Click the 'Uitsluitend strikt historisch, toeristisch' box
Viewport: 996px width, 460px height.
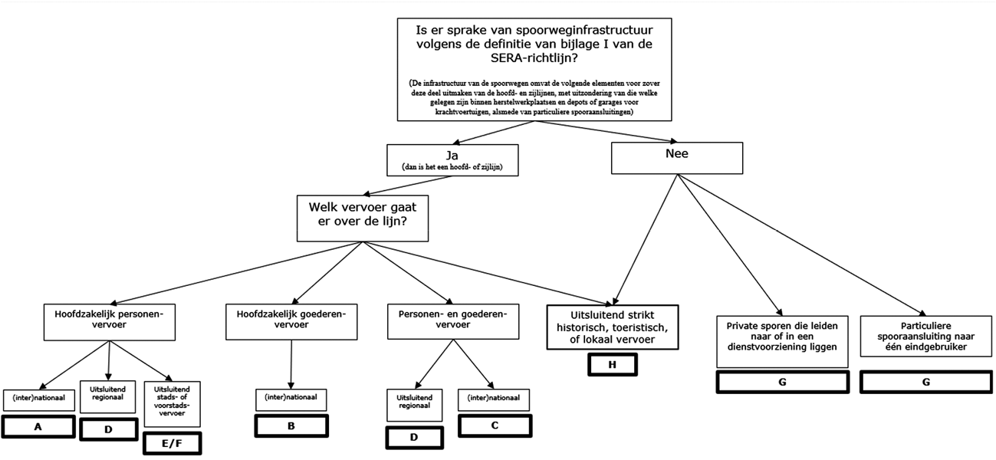tap(613, 327)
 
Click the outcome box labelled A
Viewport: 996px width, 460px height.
tap(38, 426)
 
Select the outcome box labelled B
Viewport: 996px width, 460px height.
tap(291, 425)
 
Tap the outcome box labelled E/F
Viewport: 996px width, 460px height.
tap(172, 442)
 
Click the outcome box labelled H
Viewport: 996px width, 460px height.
tap(612, 363)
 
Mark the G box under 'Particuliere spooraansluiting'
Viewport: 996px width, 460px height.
tap(926, 381)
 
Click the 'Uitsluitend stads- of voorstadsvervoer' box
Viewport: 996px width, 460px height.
tap(172, 403)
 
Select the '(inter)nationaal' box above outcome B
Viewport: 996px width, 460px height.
tap(291, 399)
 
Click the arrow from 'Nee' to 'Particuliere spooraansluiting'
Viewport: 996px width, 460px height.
tap(797, 245)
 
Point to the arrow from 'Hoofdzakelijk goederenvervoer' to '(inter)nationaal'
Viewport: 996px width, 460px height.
tap(291, 364)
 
